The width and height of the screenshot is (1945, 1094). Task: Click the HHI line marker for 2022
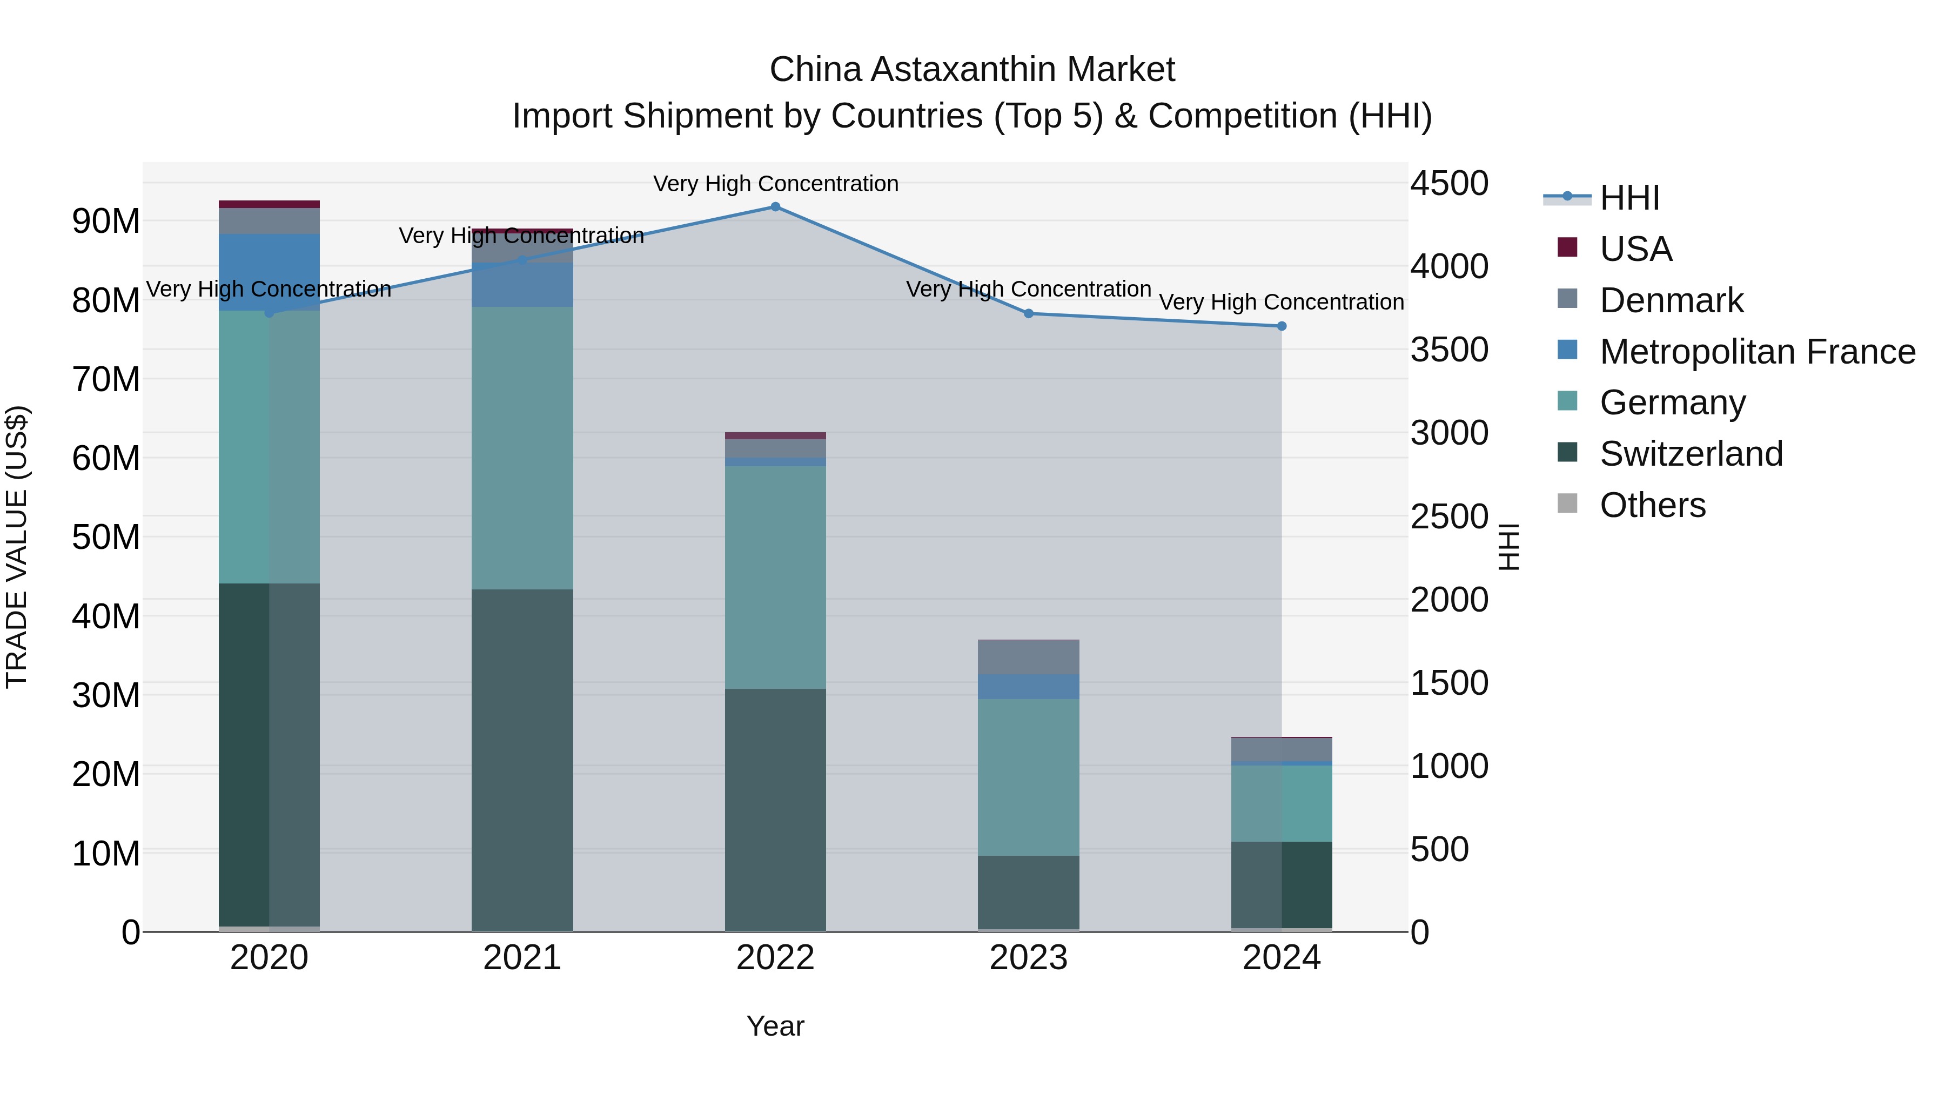(775, 206)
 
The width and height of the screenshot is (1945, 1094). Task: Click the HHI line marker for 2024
(1282, 326)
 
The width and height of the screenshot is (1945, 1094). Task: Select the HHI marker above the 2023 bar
(1028, 313)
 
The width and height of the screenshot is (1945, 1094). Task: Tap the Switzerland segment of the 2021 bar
(522, 759)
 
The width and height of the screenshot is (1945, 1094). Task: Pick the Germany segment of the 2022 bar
(775, 577)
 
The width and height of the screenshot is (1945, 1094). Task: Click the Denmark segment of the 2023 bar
(1028, 657)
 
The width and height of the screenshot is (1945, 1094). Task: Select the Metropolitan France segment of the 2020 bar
(270, 272)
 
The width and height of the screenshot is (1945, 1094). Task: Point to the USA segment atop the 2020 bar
(270, 204)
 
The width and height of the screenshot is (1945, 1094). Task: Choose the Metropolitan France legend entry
(1756, 352)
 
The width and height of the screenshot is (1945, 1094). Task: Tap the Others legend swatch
(1567, 504)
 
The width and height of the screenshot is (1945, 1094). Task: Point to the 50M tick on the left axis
(106, 537)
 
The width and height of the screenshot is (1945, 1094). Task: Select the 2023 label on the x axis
(1028, 958)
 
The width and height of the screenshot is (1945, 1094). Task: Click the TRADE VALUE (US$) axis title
(17, 547)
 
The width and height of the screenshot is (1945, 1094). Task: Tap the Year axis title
(775, 1026)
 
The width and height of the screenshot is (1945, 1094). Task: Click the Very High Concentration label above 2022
(775, 184)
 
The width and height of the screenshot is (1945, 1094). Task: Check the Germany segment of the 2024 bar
(1282, 803)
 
